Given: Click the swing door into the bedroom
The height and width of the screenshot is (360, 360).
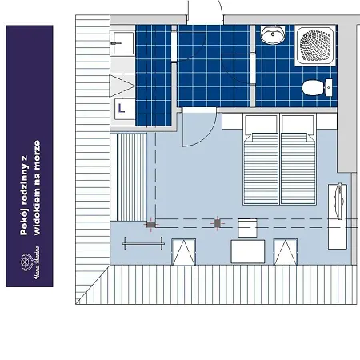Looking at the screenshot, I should [197, 128].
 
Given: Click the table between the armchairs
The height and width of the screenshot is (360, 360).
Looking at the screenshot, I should [247, 252].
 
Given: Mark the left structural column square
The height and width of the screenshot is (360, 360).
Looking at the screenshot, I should [150, 225].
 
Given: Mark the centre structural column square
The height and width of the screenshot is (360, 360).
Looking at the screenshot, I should [217, 224].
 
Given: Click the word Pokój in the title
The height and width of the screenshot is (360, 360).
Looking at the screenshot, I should [26, 222].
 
